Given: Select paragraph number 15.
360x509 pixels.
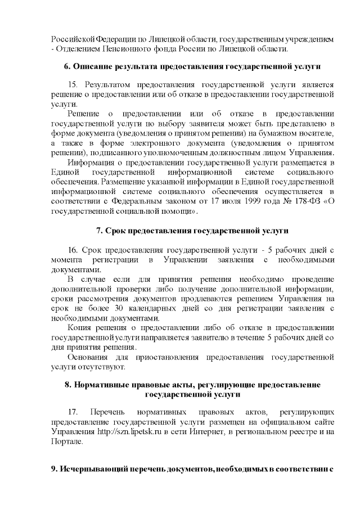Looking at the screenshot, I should (73, 84).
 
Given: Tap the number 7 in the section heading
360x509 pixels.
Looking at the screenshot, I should (99, 231).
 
